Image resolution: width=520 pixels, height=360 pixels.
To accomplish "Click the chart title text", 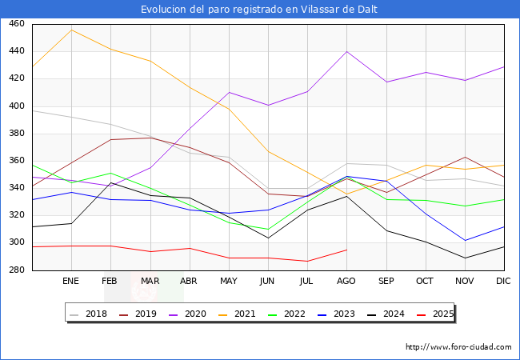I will pos(259,10).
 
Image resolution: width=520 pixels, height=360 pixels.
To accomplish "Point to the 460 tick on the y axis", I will pos(16,24).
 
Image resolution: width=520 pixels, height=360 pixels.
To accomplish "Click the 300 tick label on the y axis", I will pos(16,242).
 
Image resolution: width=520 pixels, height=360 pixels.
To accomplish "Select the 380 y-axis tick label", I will pos(16,134).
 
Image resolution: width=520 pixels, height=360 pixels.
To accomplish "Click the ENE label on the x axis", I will pos(71,282).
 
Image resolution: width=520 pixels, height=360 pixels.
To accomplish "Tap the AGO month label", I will pos(346,282).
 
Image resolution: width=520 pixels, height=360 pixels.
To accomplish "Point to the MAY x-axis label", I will pos(228,282).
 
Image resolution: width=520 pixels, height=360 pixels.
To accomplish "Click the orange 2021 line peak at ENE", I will pos(71,30).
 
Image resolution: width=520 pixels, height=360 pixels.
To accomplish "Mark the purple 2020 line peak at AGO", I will pos(346,51).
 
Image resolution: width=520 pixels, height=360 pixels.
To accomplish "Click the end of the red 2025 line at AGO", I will pos(346,250).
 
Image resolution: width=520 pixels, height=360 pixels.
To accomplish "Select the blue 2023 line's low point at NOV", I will pos(465,240).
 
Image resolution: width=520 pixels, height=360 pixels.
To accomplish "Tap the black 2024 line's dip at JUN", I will pos(268,238).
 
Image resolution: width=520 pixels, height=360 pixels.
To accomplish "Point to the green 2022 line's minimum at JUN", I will pos(268,230).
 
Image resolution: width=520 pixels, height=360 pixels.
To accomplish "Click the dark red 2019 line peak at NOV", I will pos(465,157).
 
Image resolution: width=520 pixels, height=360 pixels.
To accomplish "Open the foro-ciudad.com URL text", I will pos(458,347).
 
